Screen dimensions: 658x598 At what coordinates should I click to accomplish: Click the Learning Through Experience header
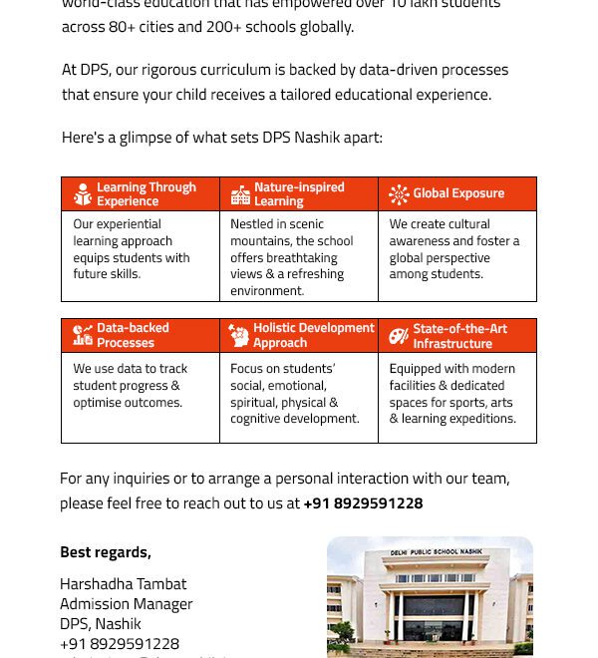pos(146,194)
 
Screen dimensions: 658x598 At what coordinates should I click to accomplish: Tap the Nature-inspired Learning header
pos(298,194)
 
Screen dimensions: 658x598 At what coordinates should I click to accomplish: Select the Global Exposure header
pos(457,194)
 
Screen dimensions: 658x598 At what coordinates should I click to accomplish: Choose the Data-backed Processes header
pos(133,336)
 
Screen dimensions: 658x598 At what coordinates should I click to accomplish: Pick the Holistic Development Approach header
pos(313,336)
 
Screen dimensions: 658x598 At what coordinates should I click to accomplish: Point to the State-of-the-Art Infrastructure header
pos(459,336)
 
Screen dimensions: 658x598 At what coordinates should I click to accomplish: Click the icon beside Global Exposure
pos(399,194)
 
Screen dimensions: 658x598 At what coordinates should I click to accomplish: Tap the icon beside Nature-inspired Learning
pos(240,194)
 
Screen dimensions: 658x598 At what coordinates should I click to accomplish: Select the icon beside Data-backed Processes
pos(83,336)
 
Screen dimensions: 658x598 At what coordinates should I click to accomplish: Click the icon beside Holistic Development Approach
pos(239,336)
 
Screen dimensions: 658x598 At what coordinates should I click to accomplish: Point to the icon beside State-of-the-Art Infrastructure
pos(399,336)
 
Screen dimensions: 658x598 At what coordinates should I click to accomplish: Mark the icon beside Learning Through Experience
pos(83,194)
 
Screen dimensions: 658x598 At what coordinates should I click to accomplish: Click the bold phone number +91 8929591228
pos(363,503)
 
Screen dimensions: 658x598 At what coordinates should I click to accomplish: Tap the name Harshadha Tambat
pos(123,584)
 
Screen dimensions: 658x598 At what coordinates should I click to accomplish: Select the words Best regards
pos(105,552)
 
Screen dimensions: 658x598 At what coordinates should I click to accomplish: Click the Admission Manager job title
pos(126,604)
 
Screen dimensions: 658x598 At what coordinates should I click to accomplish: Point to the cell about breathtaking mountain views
pos(298,257)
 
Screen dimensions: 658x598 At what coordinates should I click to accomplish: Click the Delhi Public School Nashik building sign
pos(435,552)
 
